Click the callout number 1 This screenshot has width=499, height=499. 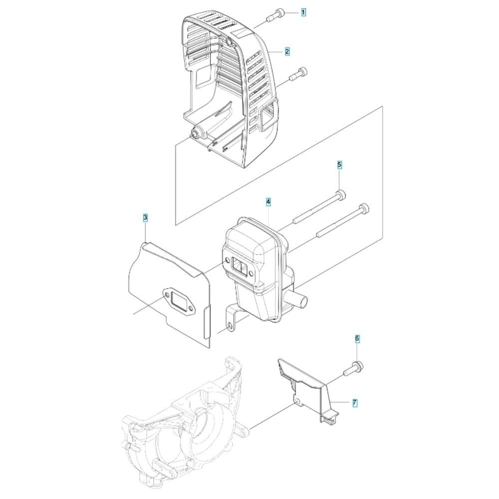pyautogui.click(x=303, y=13)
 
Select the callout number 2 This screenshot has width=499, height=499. pyautogui.click(x=287, y=51)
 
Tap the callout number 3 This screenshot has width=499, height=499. pyautogui.click(x=145, y=218)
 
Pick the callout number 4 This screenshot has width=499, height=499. pyautogui.click(x=268, y=202)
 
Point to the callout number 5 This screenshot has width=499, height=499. pyautogui.click(x=339, y=165)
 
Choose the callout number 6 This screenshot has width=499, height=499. pyautogui.click(x=357, y=339)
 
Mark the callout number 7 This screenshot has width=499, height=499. pyautogui.click(x=355, y=403)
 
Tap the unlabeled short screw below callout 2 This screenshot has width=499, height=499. pyautogui.click(x=298, y=75)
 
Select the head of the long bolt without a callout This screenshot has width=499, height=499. pyautogui.click(x=364, y=209)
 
